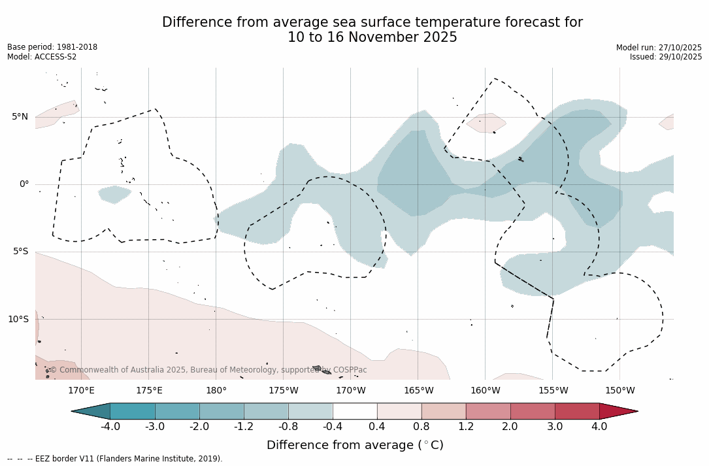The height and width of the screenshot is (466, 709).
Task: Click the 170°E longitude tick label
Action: pos(81,391)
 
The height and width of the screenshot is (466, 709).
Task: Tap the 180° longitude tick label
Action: pos(216,391)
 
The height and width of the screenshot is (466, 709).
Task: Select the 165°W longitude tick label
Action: pos(418,391)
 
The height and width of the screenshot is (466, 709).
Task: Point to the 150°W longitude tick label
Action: pos(619,391)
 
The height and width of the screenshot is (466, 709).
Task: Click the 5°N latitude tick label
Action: pos(20,117)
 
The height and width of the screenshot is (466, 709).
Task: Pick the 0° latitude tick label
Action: pos(24,184)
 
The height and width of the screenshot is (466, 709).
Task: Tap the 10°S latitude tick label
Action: pos(18,320)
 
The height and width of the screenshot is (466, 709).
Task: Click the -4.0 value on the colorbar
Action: pos(110,427)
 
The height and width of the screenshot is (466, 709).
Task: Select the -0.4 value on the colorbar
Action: pos(333,427)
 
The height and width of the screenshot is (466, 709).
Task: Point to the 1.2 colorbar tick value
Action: pos(466,427)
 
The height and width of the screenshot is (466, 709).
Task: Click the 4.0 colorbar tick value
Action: pos(599,427)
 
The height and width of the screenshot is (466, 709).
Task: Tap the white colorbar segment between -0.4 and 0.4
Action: pos(355,411)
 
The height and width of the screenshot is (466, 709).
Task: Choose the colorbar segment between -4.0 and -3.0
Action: pos(133,411)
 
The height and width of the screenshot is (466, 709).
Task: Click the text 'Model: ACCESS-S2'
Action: pos(42,57)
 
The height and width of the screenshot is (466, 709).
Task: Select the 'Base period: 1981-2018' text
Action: pos(52,47)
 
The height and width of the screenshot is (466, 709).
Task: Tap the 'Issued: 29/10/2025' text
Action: pos(666,57)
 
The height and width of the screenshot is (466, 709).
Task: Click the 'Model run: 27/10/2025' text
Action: pos(659,48)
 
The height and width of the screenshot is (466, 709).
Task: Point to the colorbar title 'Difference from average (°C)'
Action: pos(355,445)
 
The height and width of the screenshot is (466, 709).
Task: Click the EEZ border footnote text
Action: pos(114,459)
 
